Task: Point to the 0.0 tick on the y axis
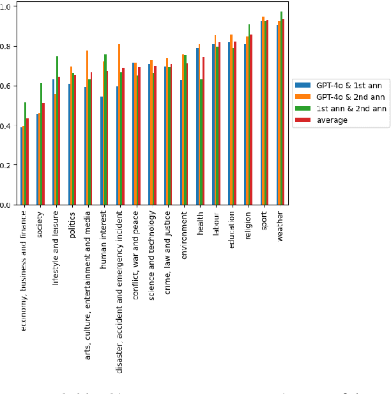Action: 6,205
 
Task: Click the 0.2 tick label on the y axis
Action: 6,165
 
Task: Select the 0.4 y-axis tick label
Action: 6,125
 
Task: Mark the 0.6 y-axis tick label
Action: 6,86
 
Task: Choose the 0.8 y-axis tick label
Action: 6,47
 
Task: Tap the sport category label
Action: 264,221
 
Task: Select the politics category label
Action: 72,225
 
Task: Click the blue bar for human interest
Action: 101,151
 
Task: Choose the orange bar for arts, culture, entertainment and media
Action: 87,128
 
